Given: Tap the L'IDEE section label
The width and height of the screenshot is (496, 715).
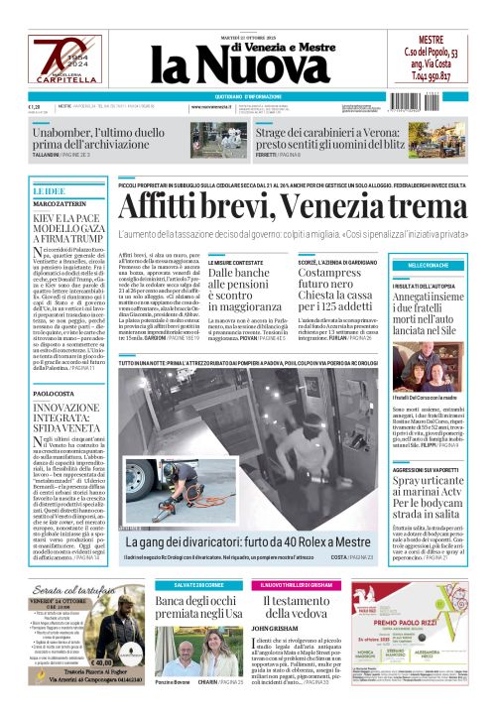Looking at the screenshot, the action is click(x=49, y=189).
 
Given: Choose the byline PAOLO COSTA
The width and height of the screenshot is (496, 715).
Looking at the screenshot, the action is click(x=52, y=394).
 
